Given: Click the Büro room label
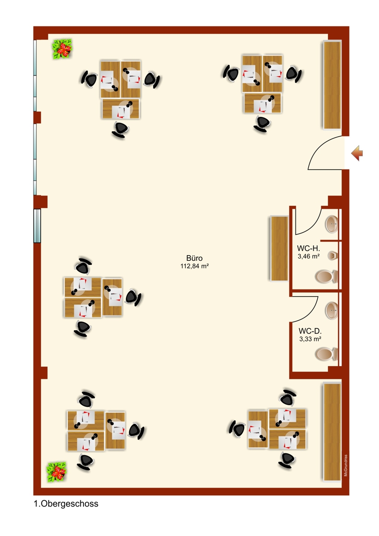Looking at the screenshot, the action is [x=194, y=258].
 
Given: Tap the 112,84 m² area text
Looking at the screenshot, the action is [x=194, y=266].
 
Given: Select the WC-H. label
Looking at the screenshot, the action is [x=308, y=248].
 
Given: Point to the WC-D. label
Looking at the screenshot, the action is [x=310, y=331].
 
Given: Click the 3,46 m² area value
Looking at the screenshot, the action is [x=309, y=256].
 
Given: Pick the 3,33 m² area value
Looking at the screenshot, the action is [x=310, y=339].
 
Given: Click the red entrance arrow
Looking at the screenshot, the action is [x=357, y=153].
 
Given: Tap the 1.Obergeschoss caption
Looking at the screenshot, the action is [x=66, y=504].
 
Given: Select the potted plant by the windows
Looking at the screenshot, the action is [x=62, y=49].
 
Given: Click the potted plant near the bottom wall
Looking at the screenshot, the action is [x=56, y=472].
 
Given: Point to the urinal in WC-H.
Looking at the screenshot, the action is [x=333, y=256].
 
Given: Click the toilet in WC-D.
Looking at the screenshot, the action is [x=326, y=354].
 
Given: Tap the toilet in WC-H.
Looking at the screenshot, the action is [x=326, y=276].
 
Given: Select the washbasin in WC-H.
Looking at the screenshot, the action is [x=332, y=224].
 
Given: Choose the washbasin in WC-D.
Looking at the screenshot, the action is [x=332, y=310].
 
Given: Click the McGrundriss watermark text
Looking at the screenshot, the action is [x=346, y=465].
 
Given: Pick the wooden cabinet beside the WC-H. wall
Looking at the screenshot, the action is [x=279, y=248].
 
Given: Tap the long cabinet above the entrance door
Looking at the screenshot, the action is [x=333, y=85].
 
